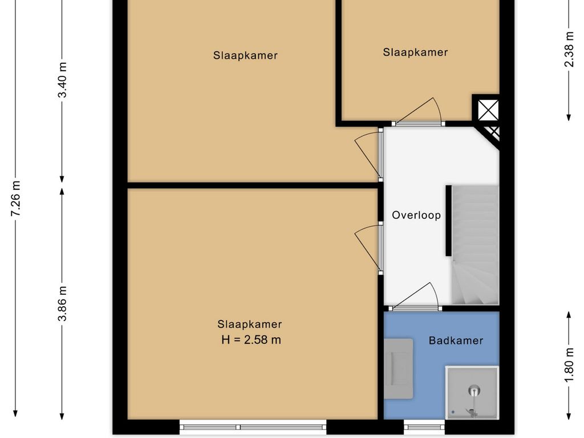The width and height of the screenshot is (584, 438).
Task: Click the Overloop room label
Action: pyautogui.click(x=416, y=215)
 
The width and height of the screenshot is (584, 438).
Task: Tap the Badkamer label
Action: pyautogui.click(x=456, y=340)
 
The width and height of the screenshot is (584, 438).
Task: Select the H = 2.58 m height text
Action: pyautogui.click(x=251, y=340)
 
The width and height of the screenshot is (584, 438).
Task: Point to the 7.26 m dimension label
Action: pyautogui.click(x=15, y=198)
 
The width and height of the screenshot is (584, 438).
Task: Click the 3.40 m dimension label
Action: pyautogui.click(x=62, y=80)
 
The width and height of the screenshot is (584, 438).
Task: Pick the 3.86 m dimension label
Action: pyautogui.click(x=62, y=303)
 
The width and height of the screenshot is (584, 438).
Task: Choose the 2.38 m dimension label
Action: pyautogui.click(x=569, y=49)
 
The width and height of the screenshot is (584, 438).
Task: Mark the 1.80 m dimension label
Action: pyautogui.click(x=569, y=364)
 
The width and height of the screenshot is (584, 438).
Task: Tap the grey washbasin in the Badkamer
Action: pyautogui.click(x=399, y=369)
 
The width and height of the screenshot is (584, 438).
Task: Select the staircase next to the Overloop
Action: pyautogui.click(x=475, y=245)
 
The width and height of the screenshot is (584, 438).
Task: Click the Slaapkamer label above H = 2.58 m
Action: pyautogui.click(x=250, y=324)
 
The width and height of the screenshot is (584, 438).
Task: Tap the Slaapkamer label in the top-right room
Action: pyautogui.click(x=415, y=52)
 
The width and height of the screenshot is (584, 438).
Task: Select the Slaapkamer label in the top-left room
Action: pyautogui.click(x=245, y=55)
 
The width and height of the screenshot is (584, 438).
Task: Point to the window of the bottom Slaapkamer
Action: pyautogui.click(x=253, y=427)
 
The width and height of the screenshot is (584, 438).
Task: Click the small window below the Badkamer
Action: pyautogui.click(x=424, y=427)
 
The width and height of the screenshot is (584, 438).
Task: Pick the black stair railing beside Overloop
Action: pyautogui.click(x=449, y=221)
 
